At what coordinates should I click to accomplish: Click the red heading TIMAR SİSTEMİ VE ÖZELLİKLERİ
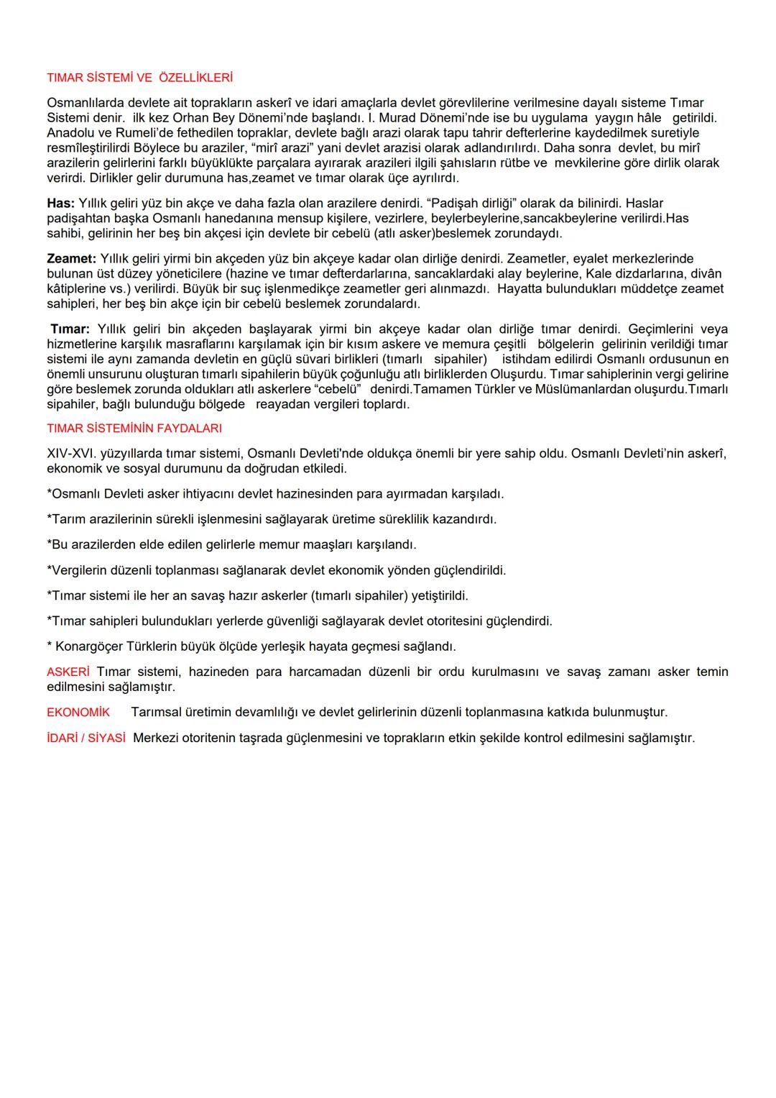coord(139,78)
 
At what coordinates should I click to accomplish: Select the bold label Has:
coord(60,203)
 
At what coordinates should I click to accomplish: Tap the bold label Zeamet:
coord(71,258)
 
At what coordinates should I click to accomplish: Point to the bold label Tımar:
coord(70,329)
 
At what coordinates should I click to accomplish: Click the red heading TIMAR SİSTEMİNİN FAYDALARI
coord(134,429)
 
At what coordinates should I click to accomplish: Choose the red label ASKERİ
coord(68,672)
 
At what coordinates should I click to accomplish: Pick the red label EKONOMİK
coord(78,713)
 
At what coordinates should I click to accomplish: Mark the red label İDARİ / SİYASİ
coord(86,738)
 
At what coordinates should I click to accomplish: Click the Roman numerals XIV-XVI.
coord(71,454)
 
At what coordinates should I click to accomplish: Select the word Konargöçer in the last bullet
coord(89,646)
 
